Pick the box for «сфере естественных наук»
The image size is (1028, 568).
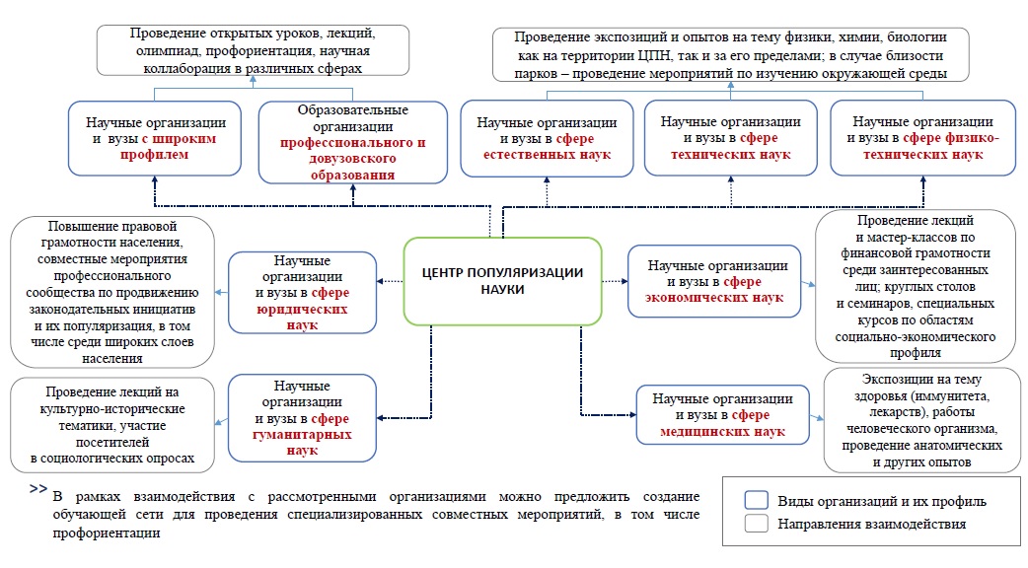coord(547,138)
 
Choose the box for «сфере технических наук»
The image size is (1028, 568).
coord(730,137)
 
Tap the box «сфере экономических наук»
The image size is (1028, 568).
coord(716,281)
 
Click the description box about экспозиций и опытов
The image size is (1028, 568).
coord(730,53)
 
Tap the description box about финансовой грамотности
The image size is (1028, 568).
coord(916,285)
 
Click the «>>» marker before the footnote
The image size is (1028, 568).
coord(38,489)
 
